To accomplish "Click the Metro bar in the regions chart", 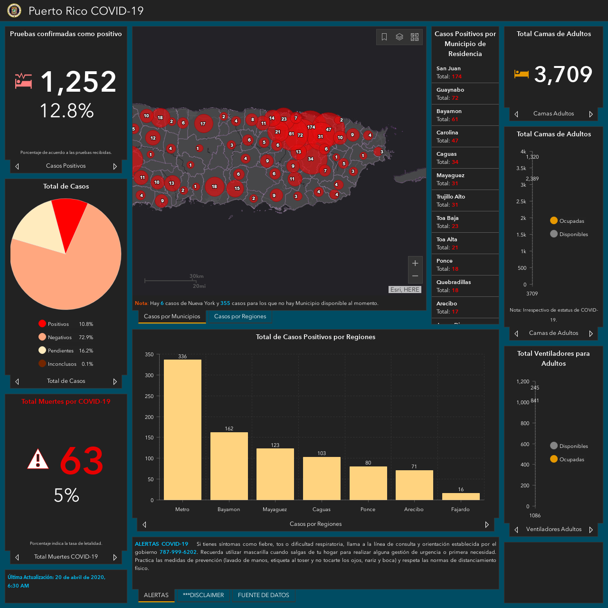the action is tap(182, 429).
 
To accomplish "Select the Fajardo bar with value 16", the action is tap(461, 496).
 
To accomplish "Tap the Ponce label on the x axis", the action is tap(368, 509).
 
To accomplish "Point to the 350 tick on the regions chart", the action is tap(149, 354).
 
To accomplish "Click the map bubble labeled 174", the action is tap(311, 127).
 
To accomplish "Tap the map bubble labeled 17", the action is tap(203, 123).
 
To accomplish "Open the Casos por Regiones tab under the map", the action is tap(240, 316).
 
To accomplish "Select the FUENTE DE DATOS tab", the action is tap(263, 595).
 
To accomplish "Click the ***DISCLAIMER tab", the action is tap(203, 595).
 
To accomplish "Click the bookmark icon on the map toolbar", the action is tap(384, 37).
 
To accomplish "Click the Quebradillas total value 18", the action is tap(455, 290).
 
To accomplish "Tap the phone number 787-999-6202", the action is tap(178, 552).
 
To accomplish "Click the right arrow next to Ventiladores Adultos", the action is tap(591, 530).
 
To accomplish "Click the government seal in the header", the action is tap(14, 10).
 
